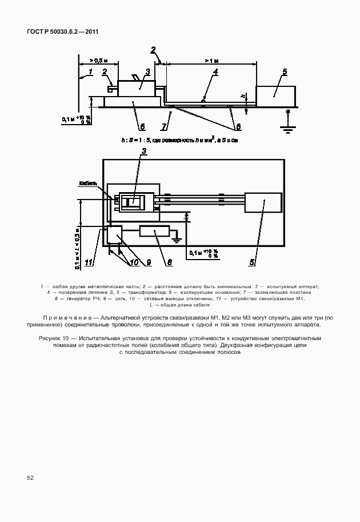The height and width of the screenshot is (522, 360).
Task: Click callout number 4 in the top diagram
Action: click(x=215, y=73)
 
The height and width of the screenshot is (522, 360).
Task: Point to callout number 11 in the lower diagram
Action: click(x=89, y=262)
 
